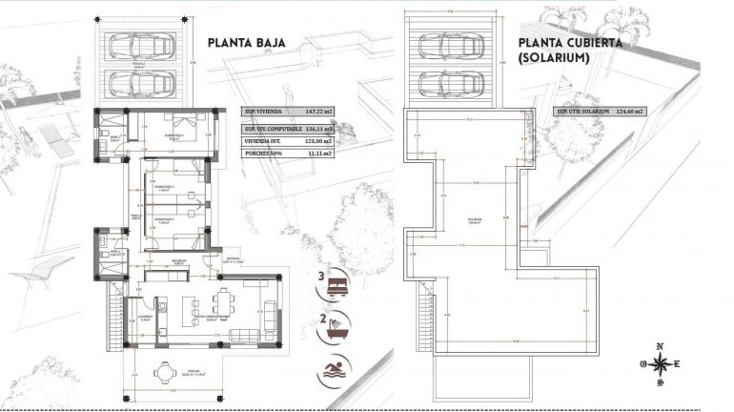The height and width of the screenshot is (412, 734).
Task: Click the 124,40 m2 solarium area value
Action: tap(624, 112)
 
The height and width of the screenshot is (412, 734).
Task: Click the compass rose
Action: tap(658, 362)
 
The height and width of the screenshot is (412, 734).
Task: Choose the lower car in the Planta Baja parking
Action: tap(136, 85)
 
